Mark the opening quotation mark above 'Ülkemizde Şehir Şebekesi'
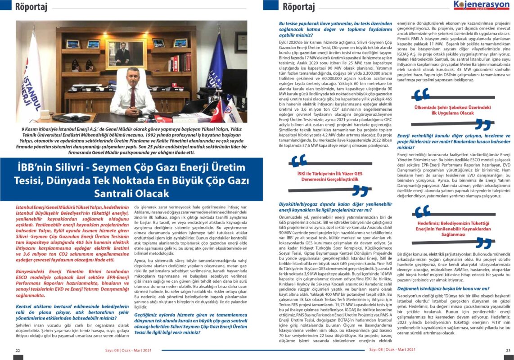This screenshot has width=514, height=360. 422,94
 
